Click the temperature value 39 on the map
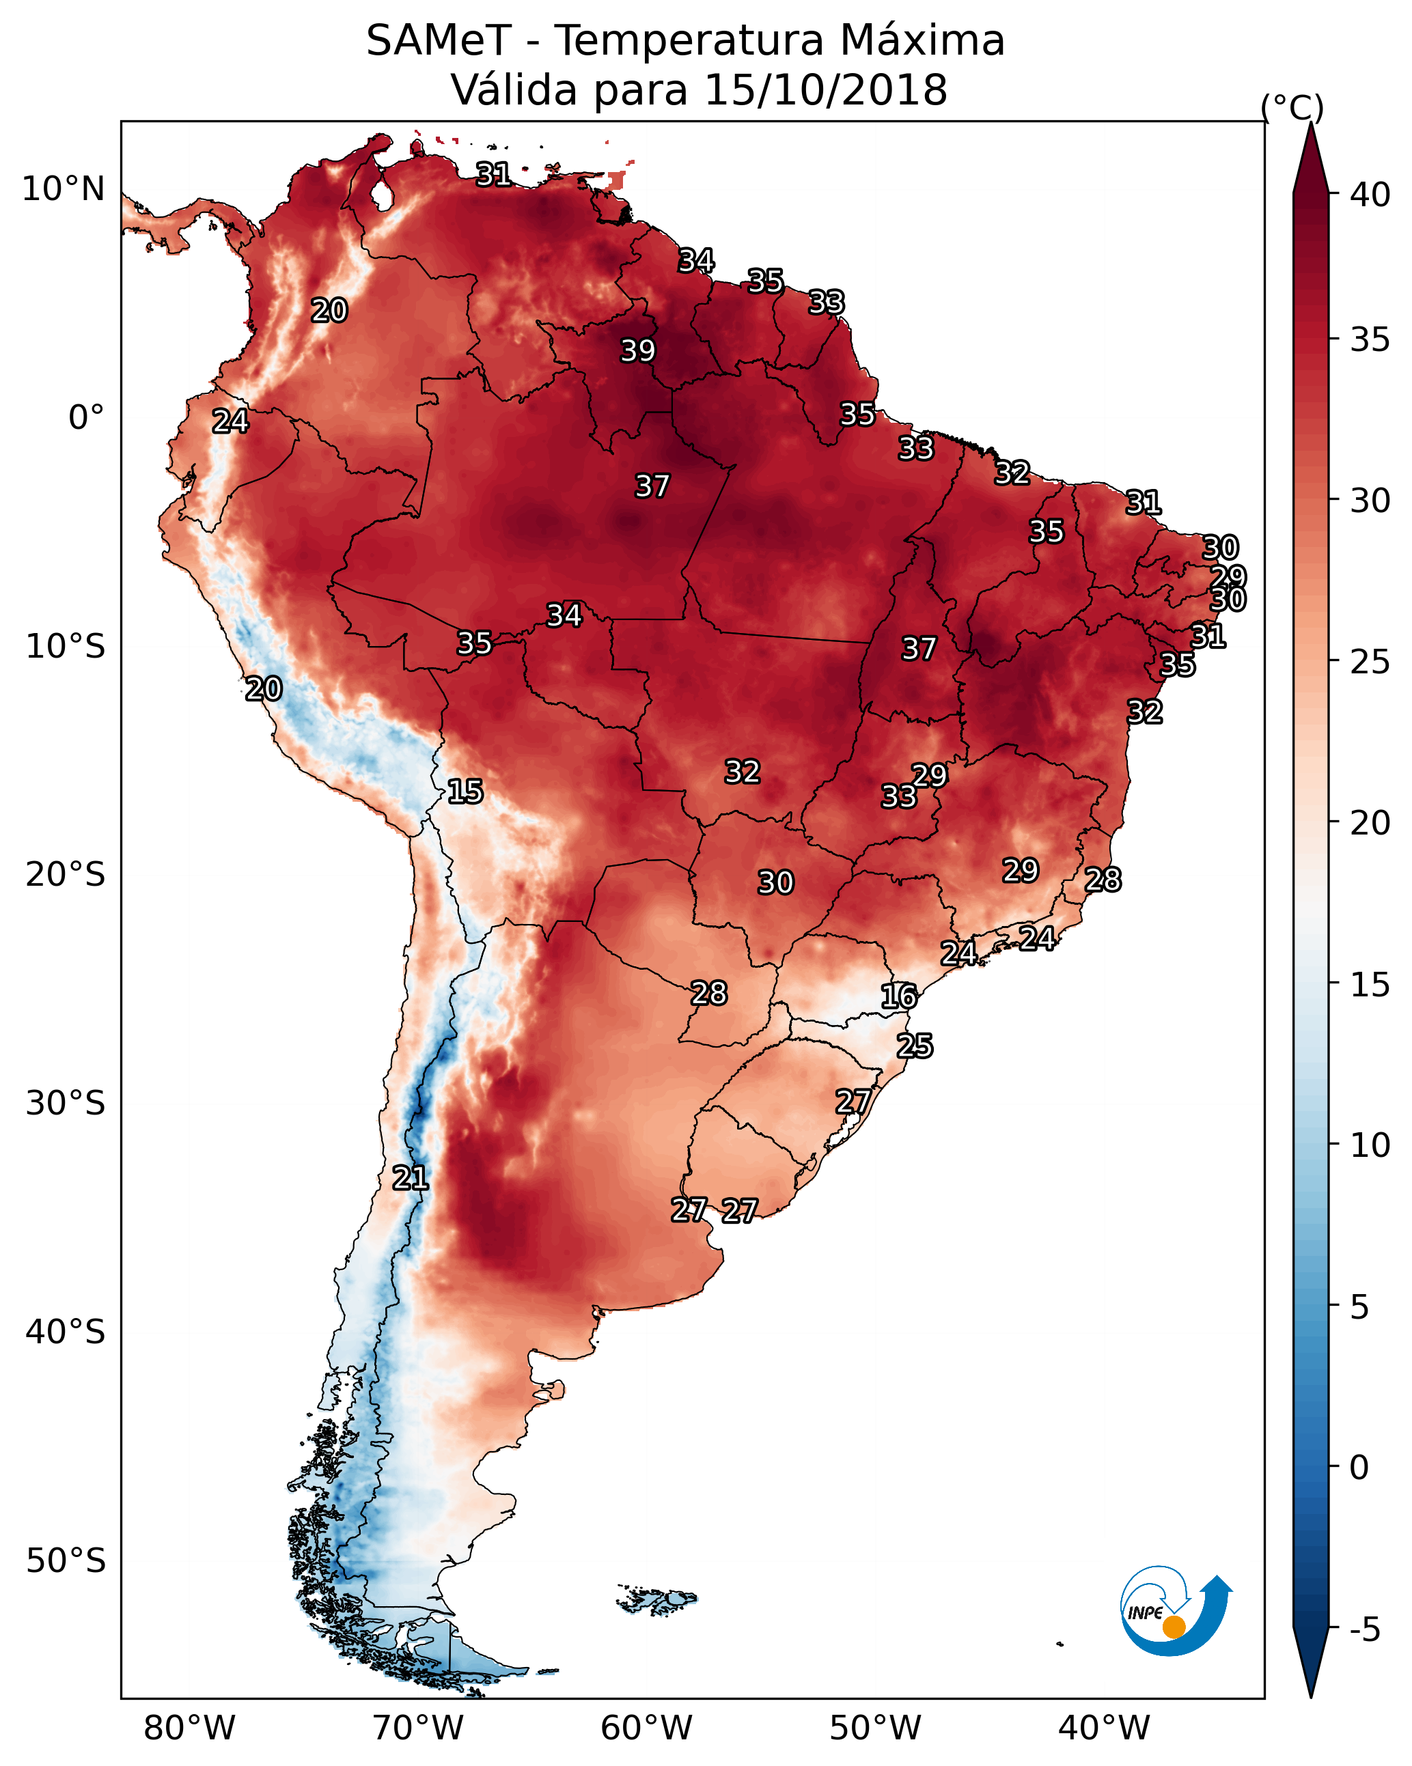click(x=639, y=350)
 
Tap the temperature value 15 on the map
click(x=465, y=791)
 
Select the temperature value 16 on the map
click(x=899, y=996)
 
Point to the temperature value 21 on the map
click(x=411, y=1178)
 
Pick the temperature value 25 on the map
click(x=915, y=1046)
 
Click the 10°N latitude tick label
click(x=63, y=189)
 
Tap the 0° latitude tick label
click(x=86, y=418)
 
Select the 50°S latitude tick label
click(x=66, y=1561)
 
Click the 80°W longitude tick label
click(x=189, y=1728)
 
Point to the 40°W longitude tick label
click(x=1104, y=1728)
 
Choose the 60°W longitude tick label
click(x=647, y=1728)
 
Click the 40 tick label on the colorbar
click(x=1370, y=195)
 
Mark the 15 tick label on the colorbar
click(x=1370, y=985)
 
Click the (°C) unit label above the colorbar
click(x=1292, y=107)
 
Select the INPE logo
click(x=1176, y=1611)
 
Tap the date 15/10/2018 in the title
click(x=826, y=90)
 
